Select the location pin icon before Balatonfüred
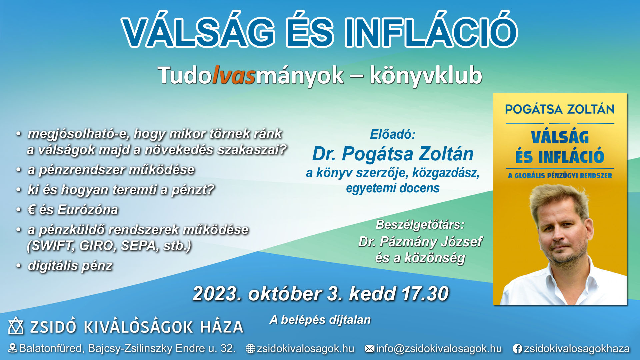(12, 348)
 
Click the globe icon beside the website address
(250, 349)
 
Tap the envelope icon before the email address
(369, 349)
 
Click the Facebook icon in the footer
(517, 349)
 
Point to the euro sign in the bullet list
(32, 210)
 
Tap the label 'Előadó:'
(393, 134)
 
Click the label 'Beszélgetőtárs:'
(420, 225)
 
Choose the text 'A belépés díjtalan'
(320, 320)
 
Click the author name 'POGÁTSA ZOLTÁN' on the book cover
(560, 109)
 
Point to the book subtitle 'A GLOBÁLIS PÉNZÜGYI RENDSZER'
(560, 176)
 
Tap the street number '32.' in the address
(228, 348)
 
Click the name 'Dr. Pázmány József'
(420, 242)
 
